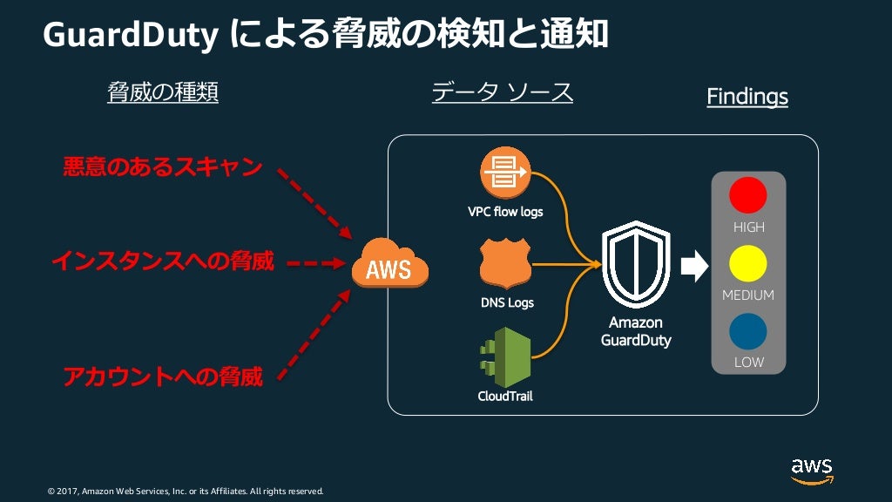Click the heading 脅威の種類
[x=162, y=92]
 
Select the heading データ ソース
[x=502, y=92]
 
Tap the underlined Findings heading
[x=747, y=97]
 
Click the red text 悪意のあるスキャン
[x=163, y=167]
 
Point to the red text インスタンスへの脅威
[x=163, y=261]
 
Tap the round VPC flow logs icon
[x=505, y=173]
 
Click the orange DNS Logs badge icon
[x=505, y=264]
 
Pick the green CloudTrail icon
[x=505, y=356]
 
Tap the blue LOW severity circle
[x=748, y=332]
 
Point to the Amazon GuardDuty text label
[x=636, y=331]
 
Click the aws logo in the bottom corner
[x=812, y=470]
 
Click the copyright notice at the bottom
[x=185, y=492]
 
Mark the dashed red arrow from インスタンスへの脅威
[x=316, y=262]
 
